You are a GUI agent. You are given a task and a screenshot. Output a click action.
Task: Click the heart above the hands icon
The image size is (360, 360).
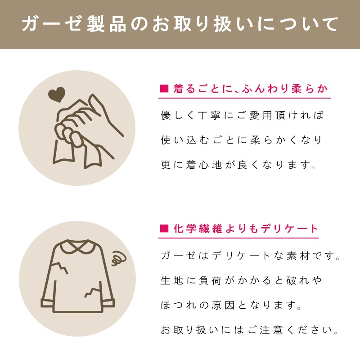(x=57, y=94)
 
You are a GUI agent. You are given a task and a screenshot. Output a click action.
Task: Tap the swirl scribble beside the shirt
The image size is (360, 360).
(x=119, y=258)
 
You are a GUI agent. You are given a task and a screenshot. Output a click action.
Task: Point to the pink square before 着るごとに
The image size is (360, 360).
(x=164, y=89)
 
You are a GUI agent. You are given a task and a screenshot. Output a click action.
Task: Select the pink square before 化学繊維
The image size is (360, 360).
(x=164, y=229)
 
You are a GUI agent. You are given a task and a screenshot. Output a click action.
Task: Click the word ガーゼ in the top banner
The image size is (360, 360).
(x=52, y=24)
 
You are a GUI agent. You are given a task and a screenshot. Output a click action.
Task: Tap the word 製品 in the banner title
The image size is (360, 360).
(x=107, y=24)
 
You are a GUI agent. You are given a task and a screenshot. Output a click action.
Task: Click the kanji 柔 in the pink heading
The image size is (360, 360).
(x=297, y=89)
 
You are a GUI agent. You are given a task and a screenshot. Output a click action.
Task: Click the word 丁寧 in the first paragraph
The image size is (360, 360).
(x=209, y=115)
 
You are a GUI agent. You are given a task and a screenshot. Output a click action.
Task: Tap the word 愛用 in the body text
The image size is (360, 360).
(x=261, y=115)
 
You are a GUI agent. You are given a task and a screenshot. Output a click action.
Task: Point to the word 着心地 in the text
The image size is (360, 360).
(x=204, y=165)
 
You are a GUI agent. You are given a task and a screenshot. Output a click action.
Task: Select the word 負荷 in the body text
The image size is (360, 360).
(x=210, y=280)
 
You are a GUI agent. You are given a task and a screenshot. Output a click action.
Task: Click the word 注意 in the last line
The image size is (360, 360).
(x=271, y=330)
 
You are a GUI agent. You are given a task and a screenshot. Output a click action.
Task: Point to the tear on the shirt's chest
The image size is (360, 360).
(x=60, y=267)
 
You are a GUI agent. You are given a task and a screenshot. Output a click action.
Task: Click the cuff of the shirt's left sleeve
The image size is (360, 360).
(x=48, y=303)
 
